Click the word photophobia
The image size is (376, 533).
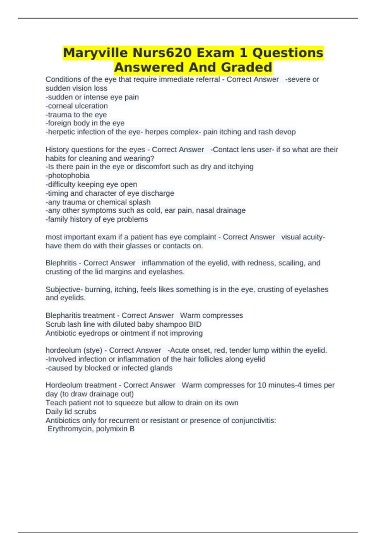69,176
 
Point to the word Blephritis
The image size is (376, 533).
61,263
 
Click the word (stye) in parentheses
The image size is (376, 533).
94,350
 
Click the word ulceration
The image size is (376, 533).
91,106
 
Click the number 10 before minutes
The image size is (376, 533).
262,385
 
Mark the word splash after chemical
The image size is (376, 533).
140,202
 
